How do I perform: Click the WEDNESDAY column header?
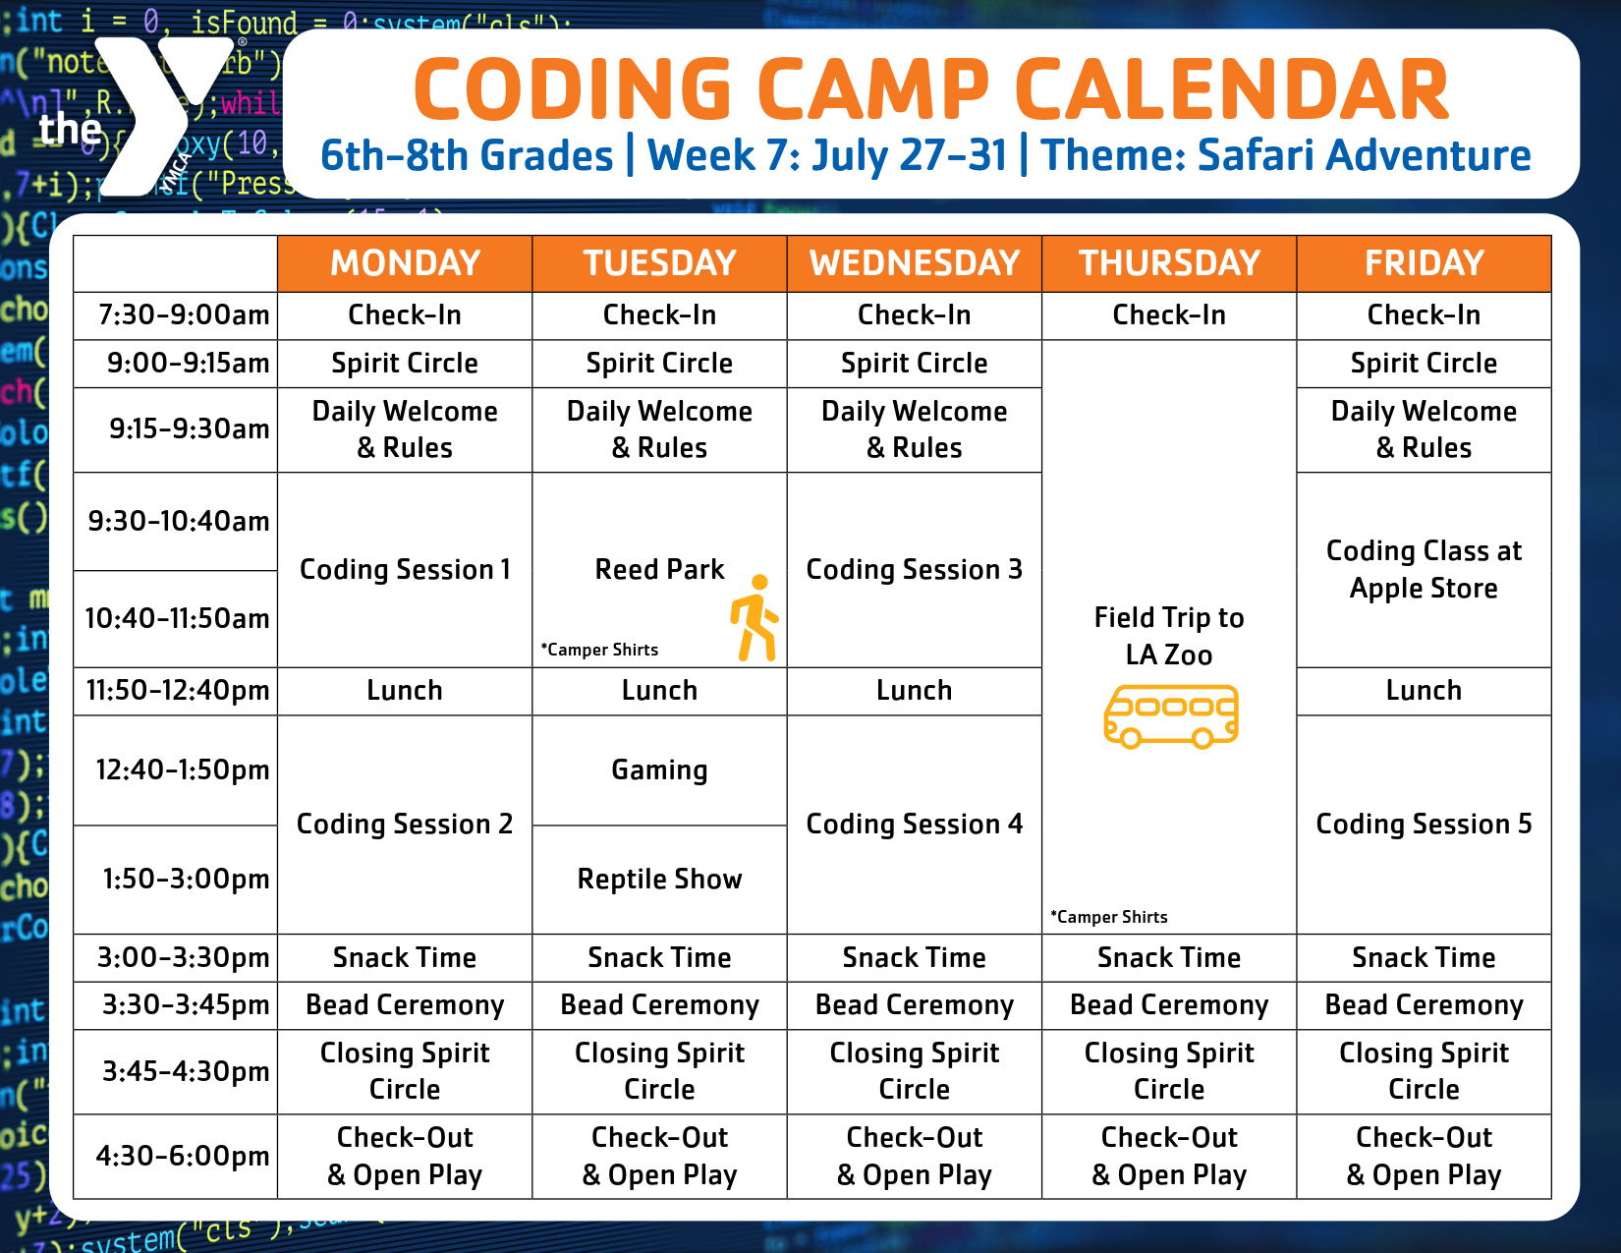tap(914, 263)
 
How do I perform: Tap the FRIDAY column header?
tap(1424, 263)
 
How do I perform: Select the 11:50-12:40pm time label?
tap(177, 690)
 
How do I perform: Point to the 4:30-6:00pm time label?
tap(182, 1156)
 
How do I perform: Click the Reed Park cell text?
tap(659, 569)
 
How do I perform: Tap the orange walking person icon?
tap(755, 618)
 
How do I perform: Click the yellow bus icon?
tap(1170, 716)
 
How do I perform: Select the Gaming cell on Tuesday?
tap(659, 770)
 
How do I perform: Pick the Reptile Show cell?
tap(659, 880)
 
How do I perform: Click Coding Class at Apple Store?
tap(1424, 569)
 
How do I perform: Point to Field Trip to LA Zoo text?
tap(1169, 636)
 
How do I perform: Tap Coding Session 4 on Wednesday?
tap(914, 824)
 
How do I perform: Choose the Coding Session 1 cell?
tap(405, 569)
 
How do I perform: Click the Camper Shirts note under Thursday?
tap(1108, 917)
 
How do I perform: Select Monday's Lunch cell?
tap(405, 690)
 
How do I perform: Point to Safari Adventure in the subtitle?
tap(1364, 156)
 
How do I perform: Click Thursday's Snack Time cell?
tap(1169, 957)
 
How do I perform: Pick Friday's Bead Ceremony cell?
tap(1424, 1005)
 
